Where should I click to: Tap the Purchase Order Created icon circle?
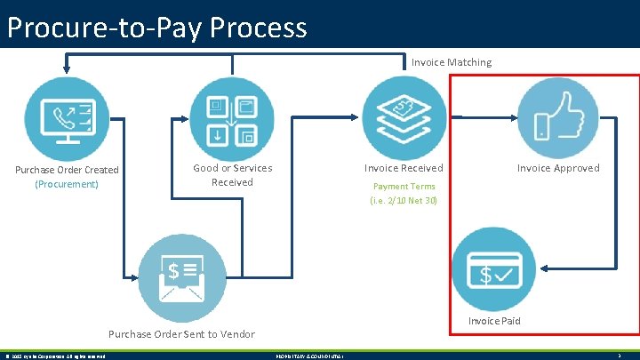(x=67, y=116)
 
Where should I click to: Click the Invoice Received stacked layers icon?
(x=404, y=116)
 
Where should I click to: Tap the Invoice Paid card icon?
(x=493, y=268)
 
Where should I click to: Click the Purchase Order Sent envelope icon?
(x=180, y=276)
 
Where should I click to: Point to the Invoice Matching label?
(x=451, y=62)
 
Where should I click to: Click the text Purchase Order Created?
(x=67, y=170)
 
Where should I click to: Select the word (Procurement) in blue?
(x=67, y=184)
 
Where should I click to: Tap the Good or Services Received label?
(x=232, y=175)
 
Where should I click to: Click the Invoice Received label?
(x=404, y=168)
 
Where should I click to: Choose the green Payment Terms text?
(x=404, y=187)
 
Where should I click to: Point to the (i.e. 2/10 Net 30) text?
(x=404, y=200)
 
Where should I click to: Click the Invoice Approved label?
(x=558, y=168)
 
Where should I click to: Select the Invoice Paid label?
(x=494, y=321)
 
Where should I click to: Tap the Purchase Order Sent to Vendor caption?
(x=180, y=334)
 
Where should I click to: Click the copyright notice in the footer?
(x=56, y=356)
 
